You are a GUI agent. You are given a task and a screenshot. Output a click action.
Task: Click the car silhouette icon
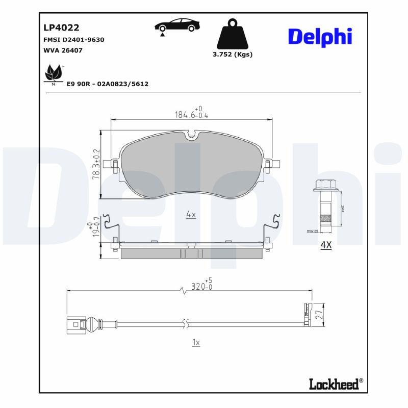177,25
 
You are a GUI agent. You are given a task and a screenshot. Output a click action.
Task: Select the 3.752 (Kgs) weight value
232,55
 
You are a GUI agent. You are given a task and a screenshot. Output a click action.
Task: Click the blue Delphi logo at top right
320,37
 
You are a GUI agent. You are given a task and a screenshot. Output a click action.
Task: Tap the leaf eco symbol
54,74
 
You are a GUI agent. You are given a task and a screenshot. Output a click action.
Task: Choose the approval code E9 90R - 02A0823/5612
108,84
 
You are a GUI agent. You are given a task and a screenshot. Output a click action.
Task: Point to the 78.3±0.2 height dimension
95,163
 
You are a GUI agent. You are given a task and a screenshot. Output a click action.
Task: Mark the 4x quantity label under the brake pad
191,215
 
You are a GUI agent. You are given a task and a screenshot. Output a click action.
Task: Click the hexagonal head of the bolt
325,186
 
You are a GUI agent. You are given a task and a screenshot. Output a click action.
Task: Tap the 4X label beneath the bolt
325,245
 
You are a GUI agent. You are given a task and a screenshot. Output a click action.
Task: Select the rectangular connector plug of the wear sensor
75,324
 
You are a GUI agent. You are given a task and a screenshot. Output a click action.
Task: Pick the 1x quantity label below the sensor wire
196,343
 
